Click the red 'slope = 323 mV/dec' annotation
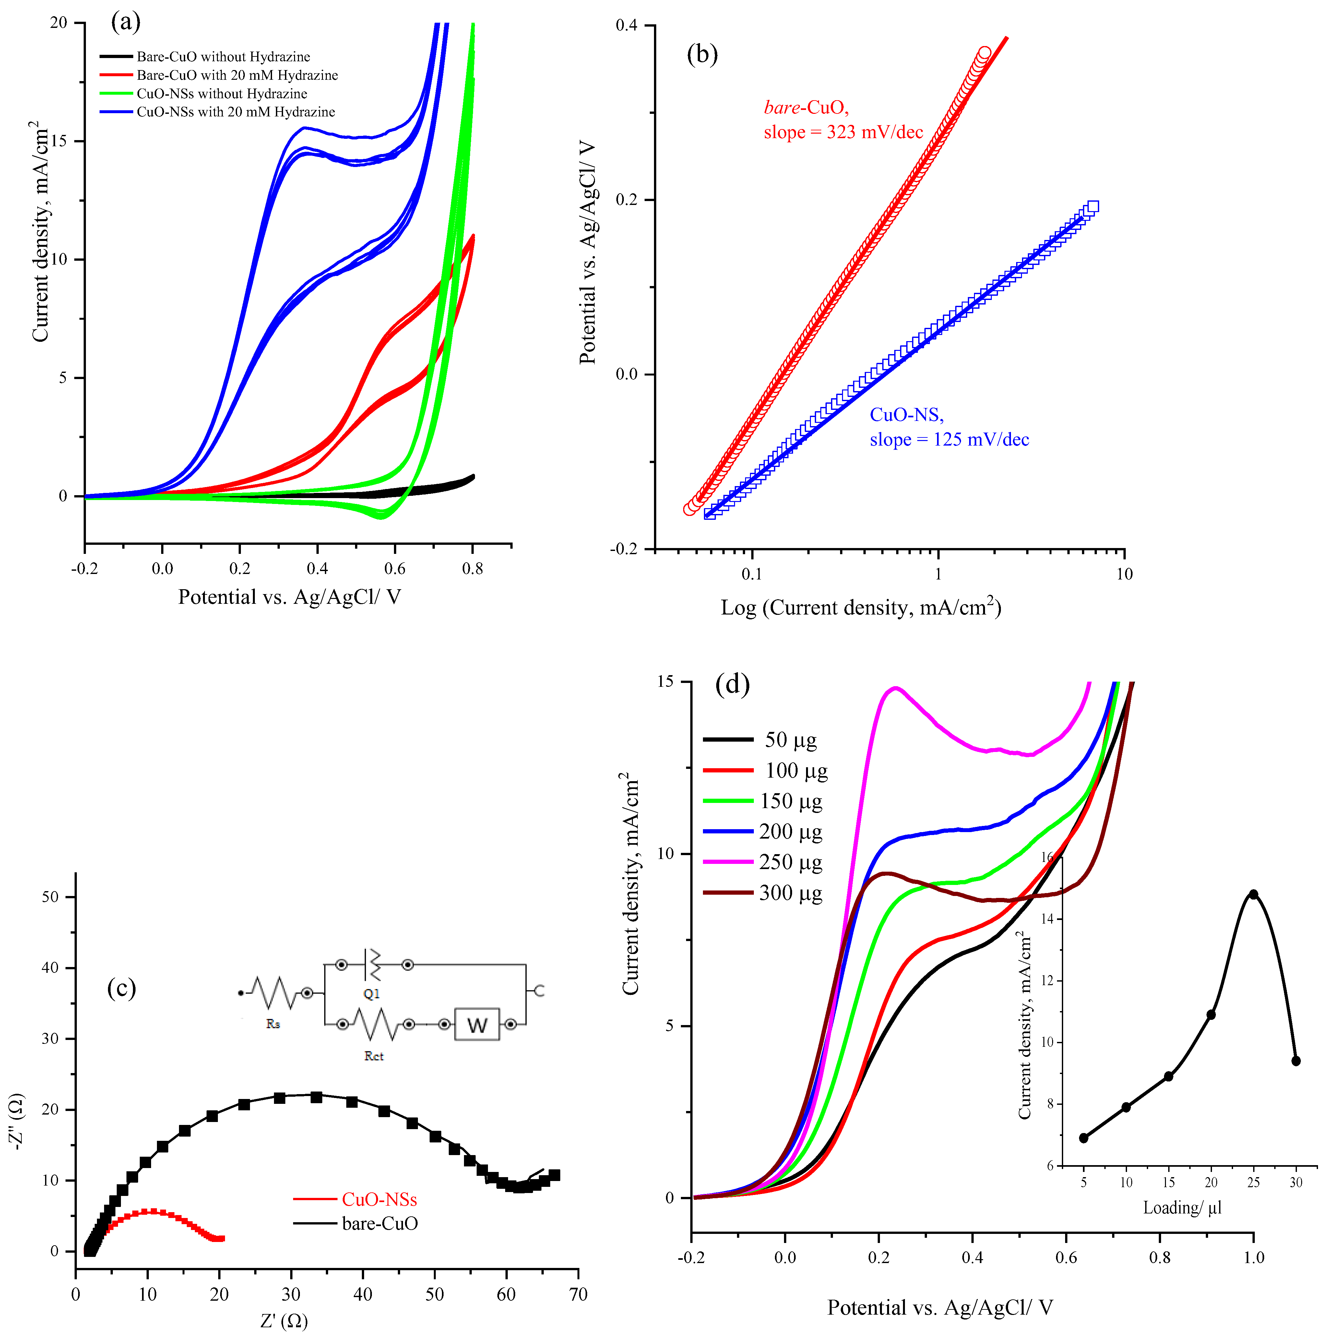(843, 132)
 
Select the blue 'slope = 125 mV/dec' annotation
(949, 439)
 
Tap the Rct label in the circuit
(374, 1056)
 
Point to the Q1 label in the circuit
(372, 994)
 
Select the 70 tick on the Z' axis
(578, 1294)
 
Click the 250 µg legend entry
(790, 862)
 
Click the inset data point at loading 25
(1253, 894)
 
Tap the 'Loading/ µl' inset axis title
(1182, 1208)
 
